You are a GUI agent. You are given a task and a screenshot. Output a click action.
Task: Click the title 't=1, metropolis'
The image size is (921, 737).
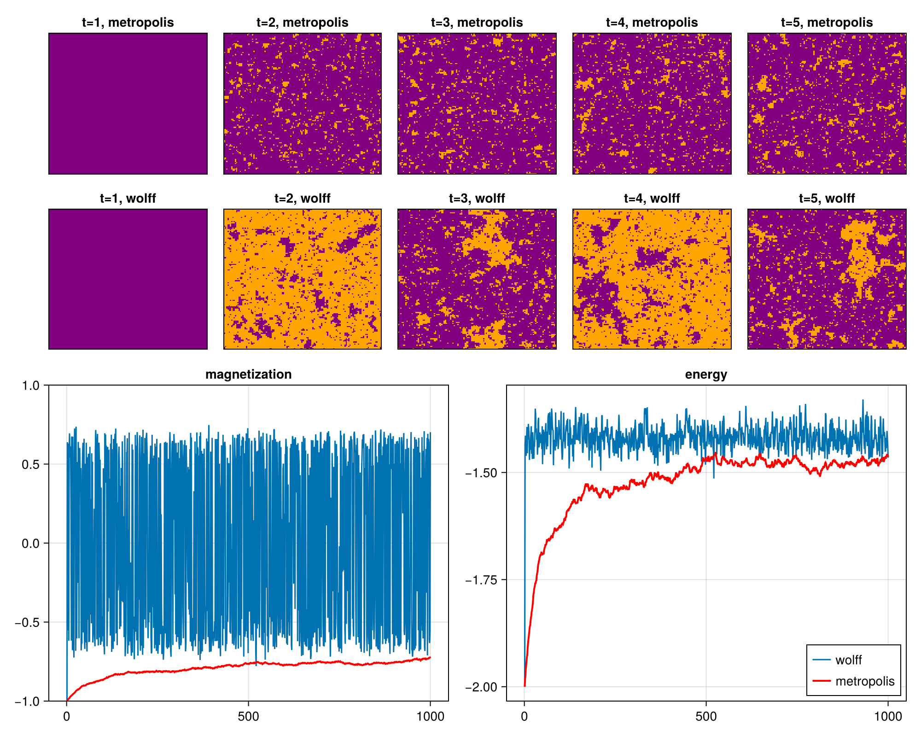[x=128, y=23]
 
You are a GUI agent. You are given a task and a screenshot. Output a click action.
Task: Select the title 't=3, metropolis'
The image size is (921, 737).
[x=477, y=23]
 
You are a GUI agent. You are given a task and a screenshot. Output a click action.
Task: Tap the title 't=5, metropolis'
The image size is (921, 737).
[x=827, y=23]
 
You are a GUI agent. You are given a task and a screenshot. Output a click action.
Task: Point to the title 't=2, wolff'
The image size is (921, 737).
[x=302, y=199]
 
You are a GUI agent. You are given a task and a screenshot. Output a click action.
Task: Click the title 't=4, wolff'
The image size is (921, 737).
[x=652, y=199]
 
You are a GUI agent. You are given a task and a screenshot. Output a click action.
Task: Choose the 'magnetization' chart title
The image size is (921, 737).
[x=248, y=374]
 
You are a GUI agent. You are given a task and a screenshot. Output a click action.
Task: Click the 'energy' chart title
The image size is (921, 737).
[x=706, y=374]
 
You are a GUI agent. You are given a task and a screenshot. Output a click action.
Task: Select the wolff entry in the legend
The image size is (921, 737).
[x=848, y=660]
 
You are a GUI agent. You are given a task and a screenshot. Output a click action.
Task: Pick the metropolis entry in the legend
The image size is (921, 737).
[x=864, y=681]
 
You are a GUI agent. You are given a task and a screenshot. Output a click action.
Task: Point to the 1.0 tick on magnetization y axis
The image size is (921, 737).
[x=32, y=386]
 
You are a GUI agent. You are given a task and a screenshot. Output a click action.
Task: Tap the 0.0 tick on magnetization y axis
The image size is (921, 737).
[x=32, y=544]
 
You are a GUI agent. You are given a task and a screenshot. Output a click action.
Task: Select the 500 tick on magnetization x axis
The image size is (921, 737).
[x=248, y=717]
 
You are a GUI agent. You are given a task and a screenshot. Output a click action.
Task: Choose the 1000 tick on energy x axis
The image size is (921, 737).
[x=888, y=717]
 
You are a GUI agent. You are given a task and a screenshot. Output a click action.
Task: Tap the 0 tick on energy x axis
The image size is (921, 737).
[x=525, y=717]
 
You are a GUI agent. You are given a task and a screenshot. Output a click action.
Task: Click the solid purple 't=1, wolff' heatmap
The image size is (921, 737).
[x=128, y=279]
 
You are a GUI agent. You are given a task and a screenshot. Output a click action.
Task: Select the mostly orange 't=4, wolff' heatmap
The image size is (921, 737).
[x=652, y=279]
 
